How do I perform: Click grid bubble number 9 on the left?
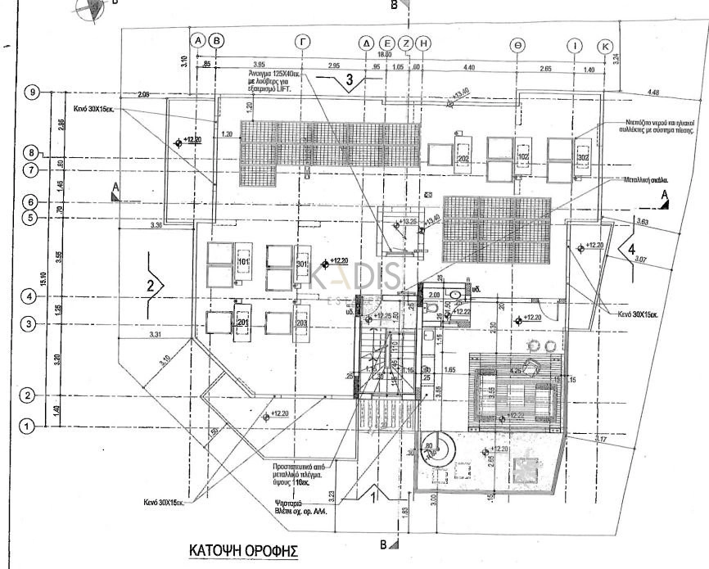(34, 92)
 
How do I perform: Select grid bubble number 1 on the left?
(27, 426)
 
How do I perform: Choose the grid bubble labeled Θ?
(518, 44)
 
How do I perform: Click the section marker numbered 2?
(152, 285)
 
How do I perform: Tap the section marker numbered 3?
(349, 80)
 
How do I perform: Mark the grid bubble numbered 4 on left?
(30, 297)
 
